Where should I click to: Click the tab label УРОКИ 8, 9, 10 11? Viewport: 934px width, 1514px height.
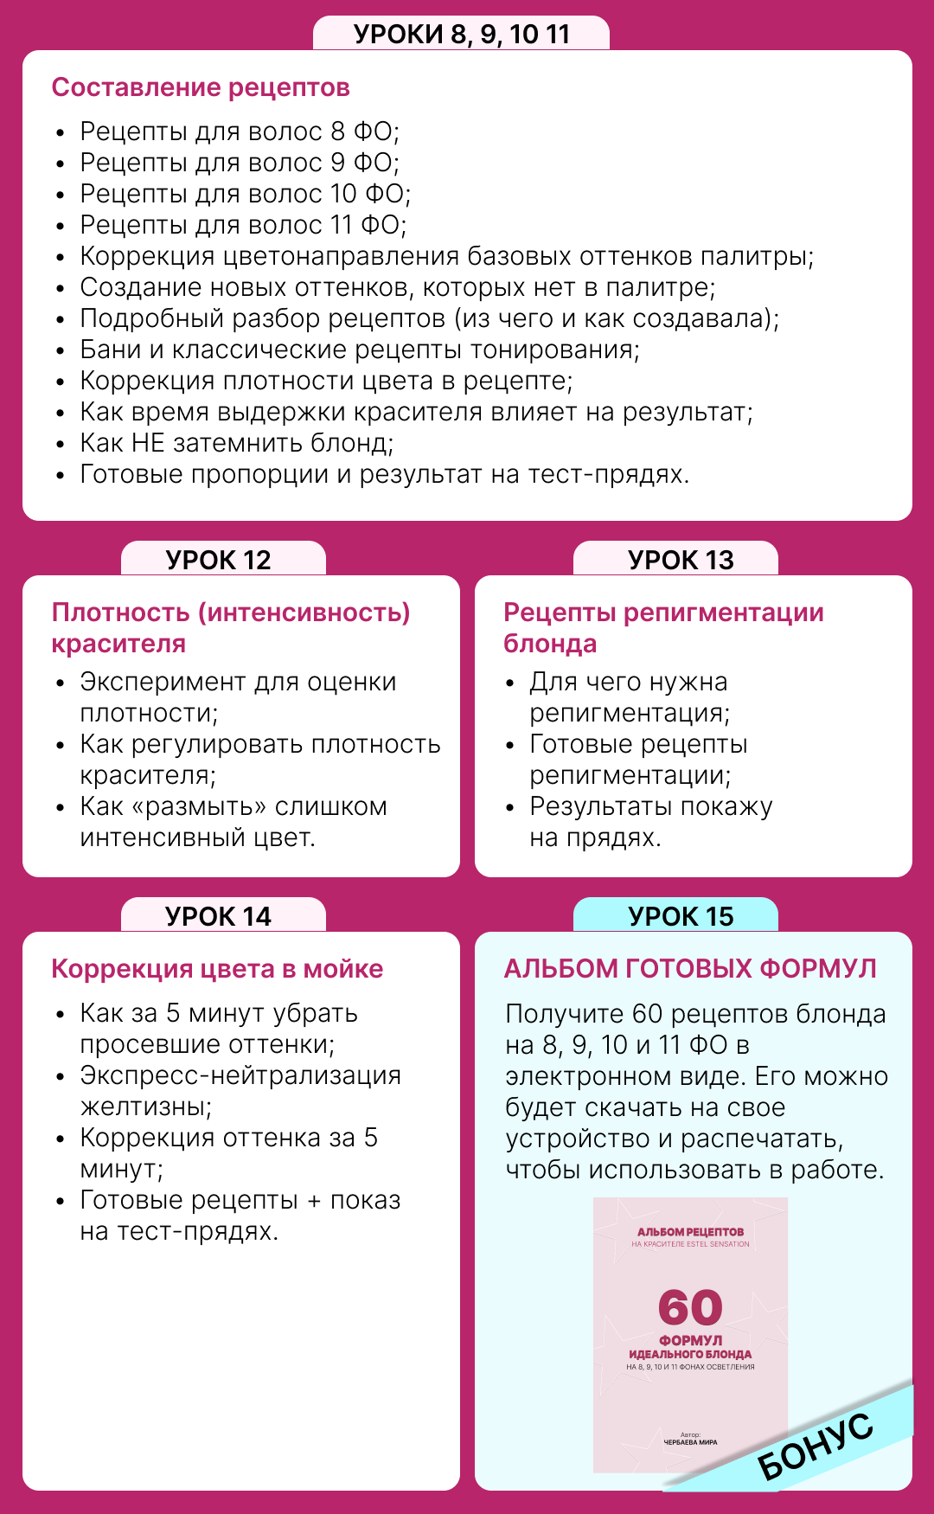click(462, 34)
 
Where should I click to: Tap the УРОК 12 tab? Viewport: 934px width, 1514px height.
click(219, 560)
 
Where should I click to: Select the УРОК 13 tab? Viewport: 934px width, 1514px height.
click(681, 560)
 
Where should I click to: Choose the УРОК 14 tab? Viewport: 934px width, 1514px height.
click(219, 916)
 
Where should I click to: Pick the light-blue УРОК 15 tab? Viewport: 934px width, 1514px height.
click(681, 916)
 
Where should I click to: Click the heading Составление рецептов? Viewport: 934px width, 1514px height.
click(201, 87)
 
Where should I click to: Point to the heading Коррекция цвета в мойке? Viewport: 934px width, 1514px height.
click(217, 969)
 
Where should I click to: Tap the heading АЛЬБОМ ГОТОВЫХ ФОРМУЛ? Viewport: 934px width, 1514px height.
click(690, 969)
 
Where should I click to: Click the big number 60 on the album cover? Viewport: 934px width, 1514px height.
click(690, 1307)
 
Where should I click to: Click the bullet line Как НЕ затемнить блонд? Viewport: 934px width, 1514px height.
click(236, 443)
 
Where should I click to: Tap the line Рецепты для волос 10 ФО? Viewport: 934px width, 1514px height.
click(245, 194)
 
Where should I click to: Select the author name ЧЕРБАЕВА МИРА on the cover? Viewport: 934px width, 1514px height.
click(690, 1442)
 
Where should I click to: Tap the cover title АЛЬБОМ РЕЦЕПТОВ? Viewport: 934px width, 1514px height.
click(690, 1232)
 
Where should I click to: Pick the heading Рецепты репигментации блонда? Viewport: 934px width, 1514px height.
click(662, 627)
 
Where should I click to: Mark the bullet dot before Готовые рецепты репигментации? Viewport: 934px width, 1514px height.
click(510, 745)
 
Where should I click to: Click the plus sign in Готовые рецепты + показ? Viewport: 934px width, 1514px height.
click(314, 1201)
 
